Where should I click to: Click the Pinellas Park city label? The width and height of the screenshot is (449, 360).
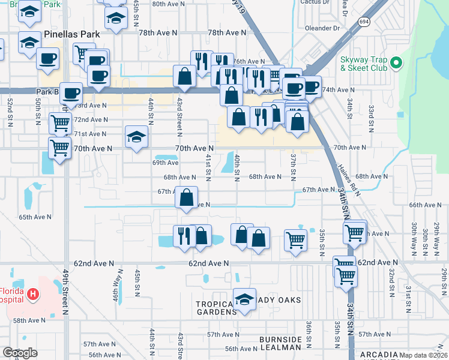coord(71,34)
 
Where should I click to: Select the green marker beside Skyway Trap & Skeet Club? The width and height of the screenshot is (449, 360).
coord(396,62)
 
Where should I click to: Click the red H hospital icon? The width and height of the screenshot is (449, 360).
coord(34,295)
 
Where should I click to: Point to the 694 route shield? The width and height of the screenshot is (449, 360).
coord(364,21)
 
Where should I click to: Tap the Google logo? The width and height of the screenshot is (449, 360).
coord(20,353)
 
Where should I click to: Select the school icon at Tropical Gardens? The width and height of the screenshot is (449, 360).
coord(244,300)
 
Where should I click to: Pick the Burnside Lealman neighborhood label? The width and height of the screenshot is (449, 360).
coord(280,343)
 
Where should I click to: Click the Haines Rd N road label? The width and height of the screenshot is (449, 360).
coord(348,178)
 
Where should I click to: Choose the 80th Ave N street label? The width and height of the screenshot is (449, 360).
coord(166,4)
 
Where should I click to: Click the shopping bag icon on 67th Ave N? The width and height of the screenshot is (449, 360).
coord(187,197)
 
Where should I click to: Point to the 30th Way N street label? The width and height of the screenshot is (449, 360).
coord(414,237)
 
